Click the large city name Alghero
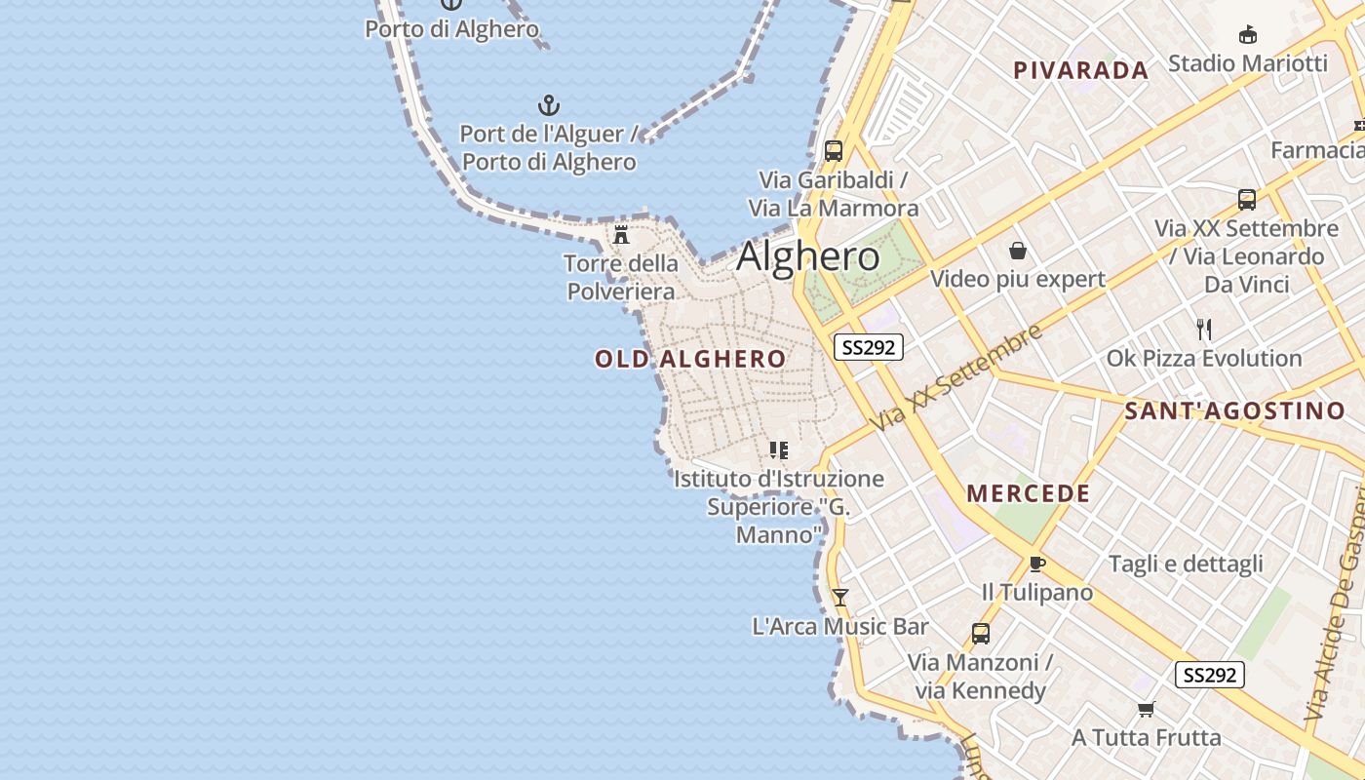[808, 256]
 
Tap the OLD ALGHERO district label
[690, 359]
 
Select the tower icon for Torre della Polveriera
[621, 235]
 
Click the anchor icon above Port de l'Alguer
[549, 104]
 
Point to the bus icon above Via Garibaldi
[834, 151]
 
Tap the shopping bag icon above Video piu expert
[1018, 251]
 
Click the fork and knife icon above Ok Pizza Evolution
[1204, 330]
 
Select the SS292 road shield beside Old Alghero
[868, 347]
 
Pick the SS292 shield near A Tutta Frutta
[1210, 675]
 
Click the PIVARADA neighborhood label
[1081, 70]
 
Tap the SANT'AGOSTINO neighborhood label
[1234, 410]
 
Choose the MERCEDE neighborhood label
[1029, 493]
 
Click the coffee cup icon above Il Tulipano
[1037, 564]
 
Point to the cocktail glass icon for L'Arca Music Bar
[840, 597]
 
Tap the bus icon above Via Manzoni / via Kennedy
[981, 634]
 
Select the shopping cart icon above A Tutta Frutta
[1147, 709]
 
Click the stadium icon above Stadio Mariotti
[1247, 35]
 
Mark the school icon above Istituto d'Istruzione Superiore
[778, 450]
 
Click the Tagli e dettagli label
[1186, 564]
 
